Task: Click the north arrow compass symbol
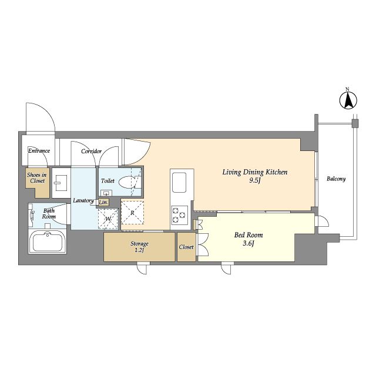pos(348,99)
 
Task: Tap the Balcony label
pos(336,179)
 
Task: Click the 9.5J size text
pos(254,180)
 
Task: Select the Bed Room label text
pos(249,235)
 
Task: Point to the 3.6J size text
pos(249,243)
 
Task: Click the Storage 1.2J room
pos(139,247)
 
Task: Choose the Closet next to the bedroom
pos(187,247)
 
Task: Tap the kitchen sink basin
pos(179,183)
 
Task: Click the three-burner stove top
pos(179,215)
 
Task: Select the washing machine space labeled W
pos(108,219)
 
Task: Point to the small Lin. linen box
pos(103,202)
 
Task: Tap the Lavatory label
pos(83,200)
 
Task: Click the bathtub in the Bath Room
pos(48,241)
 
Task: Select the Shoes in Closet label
pos(37,177)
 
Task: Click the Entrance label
pos(39,151)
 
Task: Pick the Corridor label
pos(92,152)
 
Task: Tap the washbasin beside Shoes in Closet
pos(61,183)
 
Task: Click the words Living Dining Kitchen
pos(255,172)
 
